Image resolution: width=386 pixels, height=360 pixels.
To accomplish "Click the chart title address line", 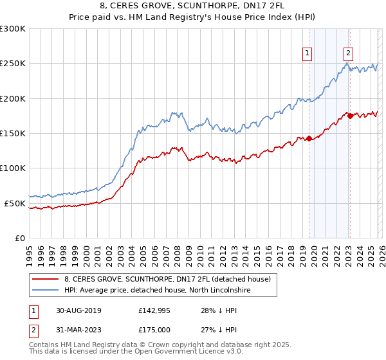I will click(193, 6).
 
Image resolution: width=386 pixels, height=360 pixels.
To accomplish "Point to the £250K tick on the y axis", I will click(13, 64).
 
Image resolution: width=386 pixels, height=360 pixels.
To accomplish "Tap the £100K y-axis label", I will click(13, 168).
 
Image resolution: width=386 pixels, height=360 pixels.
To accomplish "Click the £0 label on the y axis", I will click(19, 238).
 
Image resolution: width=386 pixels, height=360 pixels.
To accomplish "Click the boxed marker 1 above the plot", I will click(308, 53).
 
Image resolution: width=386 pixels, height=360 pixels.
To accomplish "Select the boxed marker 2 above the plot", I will click(348, 53).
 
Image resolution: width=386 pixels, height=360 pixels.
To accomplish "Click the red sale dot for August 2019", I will click(309, 138).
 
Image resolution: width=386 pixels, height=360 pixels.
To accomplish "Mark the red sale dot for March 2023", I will click(350, 116).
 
